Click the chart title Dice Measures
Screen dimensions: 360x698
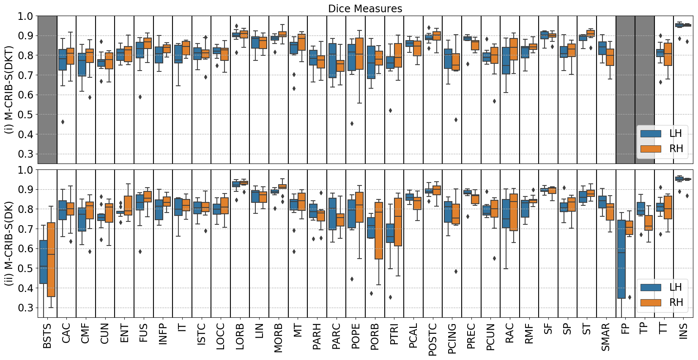(x=365, y=8)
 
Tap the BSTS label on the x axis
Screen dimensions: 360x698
(x=47, y=336)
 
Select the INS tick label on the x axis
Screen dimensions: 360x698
(x=683, y=331)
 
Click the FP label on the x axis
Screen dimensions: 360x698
(x=625, y=330)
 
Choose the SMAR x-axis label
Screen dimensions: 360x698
(x=605, y=337)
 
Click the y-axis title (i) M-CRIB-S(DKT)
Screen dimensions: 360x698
(x=9, y=90)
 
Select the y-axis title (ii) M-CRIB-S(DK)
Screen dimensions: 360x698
(x=9, y=243)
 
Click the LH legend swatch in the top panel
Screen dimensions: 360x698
(x=651, y=134)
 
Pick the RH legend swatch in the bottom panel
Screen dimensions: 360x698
(x=651, y=303)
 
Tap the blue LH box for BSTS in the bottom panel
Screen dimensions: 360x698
(x=43, y=262)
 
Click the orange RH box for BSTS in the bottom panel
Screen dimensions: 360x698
(x=51, y=259)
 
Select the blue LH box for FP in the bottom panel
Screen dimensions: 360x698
(x=621, y=259)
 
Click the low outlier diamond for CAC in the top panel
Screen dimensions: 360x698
(x=63, y=122)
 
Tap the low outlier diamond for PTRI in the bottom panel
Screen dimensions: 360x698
(x=390, y=297)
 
